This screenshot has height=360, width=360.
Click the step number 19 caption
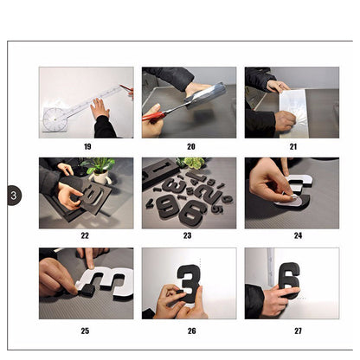[87, 146]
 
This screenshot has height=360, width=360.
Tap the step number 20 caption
[191, 146]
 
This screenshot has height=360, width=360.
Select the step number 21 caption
[293, 146]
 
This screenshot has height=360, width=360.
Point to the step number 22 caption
[85, 235]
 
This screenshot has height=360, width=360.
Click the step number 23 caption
[188, 235]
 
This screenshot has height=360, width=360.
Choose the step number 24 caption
[298, 235]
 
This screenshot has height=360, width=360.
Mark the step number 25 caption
[85, 331]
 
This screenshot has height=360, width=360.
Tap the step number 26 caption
[192, 331]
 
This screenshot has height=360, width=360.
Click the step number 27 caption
[298, 331]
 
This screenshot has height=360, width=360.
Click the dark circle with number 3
[14, 196]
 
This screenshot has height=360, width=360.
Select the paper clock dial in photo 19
[54, 119]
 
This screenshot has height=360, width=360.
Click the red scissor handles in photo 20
[153, 116]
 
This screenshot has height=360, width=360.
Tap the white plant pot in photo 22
[100, 177]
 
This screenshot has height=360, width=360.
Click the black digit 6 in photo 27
[289, 280]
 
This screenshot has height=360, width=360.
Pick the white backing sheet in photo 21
[293, 113]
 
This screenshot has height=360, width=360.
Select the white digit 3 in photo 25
[107, 281]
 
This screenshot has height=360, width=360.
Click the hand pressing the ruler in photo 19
[100, 109]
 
